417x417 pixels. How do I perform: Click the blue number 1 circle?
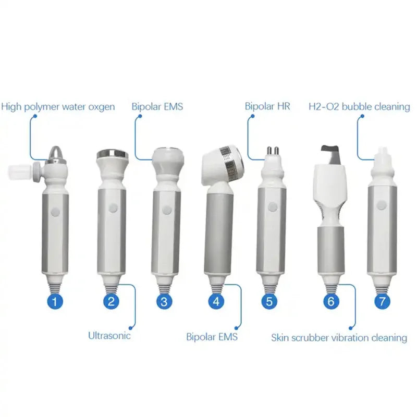57,301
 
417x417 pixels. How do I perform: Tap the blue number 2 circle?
111,301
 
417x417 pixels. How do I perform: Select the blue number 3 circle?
164,301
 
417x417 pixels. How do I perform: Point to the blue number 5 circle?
268,301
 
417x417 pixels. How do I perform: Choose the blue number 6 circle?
332,301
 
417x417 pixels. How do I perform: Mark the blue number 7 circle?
383,301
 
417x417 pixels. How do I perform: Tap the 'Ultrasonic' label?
109,335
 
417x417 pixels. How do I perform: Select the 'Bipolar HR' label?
267,106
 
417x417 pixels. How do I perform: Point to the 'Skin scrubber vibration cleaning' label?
339,338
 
